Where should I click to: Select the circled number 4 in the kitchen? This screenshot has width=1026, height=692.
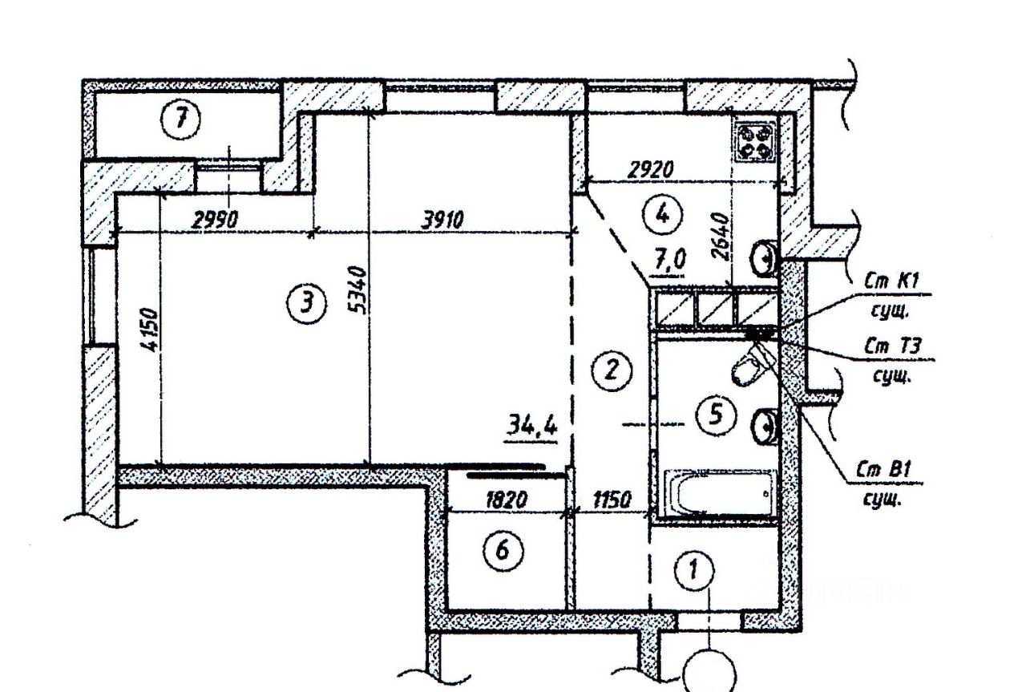(x=662, y=213)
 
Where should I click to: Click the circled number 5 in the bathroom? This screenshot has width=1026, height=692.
(x=716, y=414)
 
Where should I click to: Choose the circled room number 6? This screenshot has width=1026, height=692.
(x=502, y=550)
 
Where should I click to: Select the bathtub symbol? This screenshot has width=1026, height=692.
(x=718, y=493)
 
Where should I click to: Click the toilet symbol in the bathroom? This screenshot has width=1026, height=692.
(x=749, y=366)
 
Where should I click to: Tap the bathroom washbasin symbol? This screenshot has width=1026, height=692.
(x=765, y=426)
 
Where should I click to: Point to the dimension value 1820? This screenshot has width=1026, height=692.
(x=506, y=499)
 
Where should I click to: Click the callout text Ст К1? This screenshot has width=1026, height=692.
(x=892, y=281)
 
